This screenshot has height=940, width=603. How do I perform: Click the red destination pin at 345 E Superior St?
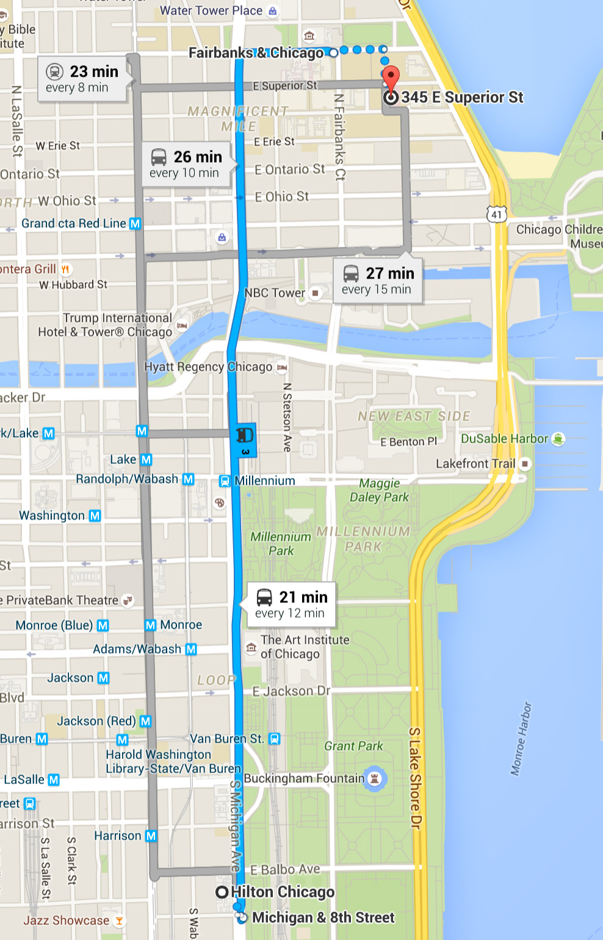pyautogui.click(x=391, y=78)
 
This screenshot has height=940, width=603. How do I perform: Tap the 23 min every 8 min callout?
pyautogui.click(x=82, y=79)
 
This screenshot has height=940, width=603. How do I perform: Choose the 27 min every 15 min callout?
pyautogui.click(x=378, y=281)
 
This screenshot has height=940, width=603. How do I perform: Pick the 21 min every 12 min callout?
pyautogui.click(x=292, y=605)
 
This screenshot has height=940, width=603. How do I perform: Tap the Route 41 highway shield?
pyautogui.click(x=497, y=214)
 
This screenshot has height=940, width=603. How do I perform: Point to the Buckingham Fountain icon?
pyautogui.click(x=375, y=778)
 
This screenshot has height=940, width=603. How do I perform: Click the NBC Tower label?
pyautogui.click(x=275, y=293)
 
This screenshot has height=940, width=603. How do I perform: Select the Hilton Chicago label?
pyautogui.click(x=282, y=892)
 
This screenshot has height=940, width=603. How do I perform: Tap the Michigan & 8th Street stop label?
pyautogui.click(x=323, y=918)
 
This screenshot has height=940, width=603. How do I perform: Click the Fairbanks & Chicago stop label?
pyautogui.click(x=256, y=53)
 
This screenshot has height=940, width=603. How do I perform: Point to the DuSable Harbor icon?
pyautogui.click(x=558, y=439)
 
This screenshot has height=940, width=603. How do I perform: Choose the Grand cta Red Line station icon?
pyautogui.click(x=135, y=224)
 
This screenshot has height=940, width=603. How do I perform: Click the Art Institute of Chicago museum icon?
pyautogui.click(x=251, y=647)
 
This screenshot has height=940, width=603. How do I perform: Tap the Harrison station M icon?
pyautogui.click(x=151, y=836)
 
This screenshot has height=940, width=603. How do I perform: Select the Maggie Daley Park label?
pyautogui.click(x=379, y=490)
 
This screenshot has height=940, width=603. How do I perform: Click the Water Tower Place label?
pyautogui.click(x=211, y=10)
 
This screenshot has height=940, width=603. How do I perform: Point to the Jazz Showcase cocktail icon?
pyautogui.click(x=120, y=921)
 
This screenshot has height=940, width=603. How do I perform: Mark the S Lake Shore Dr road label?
pyautogui.click(x=415, y=778)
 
